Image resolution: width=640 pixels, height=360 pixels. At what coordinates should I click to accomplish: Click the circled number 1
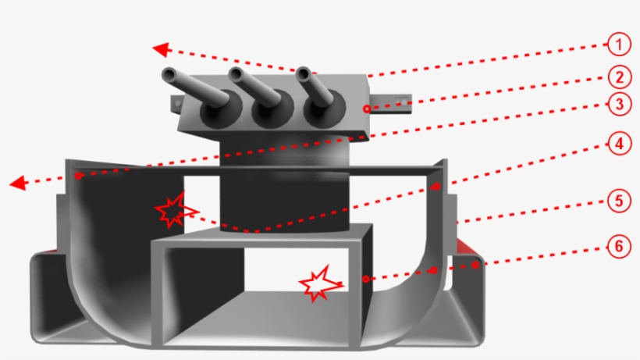tap(618, 44)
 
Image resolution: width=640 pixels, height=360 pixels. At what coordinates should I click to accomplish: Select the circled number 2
tap(618, 77)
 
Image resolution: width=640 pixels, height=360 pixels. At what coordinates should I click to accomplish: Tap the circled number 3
tap(618, 103)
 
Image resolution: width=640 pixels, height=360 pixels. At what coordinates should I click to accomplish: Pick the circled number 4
tap(618, 145)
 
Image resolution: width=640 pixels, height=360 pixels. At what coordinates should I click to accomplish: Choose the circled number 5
tap(618, 201)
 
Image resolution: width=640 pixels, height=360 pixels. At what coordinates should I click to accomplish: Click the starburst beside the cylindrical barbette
tap(173, 209)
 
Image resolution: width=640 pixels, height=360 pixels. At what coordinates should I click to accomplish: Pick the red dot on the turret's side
tap(365, 109)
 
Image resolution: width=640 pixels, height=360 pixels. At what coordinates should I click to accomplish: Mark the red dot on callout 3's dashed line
tap(78, 176)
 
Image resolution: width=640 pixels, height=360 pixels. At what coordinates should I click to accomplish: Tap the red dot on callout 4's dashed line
tap(437, 187)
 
